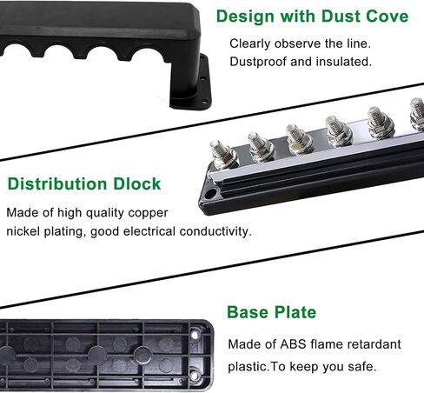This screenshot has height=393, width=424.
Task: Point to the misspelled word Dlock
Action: (x=136, y=183)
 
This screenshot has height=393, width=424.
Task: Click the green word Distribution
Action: (x=57, y=183)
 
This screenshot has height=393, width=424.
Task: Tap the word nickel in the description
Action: (x=23, y=231)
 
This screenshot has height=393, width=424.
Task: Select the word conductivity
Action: (x=215, y=231)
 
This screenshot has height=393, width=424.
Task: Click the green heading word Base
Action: (x=248, y=312)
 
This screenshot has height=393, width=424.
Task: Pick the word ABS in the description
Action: (x=293, y=344)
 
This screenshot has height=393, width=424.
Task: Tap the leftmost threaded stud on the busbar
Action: (x=222, y=154)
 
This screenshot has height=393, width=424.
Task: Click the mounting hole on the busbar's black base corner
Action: (x=210, y=193)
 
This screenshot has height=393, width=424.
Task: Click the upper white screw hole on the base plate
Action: (x=195, y=336)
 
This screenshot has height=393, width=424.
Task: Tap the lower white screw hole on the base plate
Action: (x=195, y=376)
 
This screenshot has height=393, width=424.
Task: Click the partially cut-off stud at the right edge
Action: (x=417, y=113)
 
